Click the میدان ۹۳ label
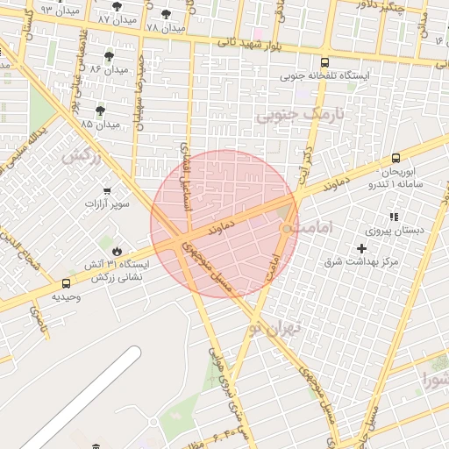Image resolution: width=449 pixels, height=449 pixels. (x=36, y=9)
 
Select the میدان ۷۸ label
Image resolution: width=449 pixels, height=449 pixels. (x=164, y=28)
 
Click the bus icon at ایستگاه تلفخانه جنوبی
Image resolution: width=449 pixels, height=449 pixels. (x=325, y=63)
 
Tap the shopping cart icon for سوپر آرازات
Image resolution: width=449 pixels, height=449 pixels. (x=107, y=191)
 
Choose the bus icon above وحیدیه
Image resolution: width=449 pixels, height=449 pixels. (x=67, y=283)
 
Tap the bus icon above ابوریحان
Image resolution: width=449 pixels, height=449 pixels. (x=396, y=159)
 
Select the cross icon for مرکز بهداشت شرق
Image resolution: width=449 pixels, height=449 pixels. (x=361, y=249)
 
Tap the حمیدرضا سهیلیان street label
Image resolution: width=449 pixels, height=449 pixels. (x=138, y=100)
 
